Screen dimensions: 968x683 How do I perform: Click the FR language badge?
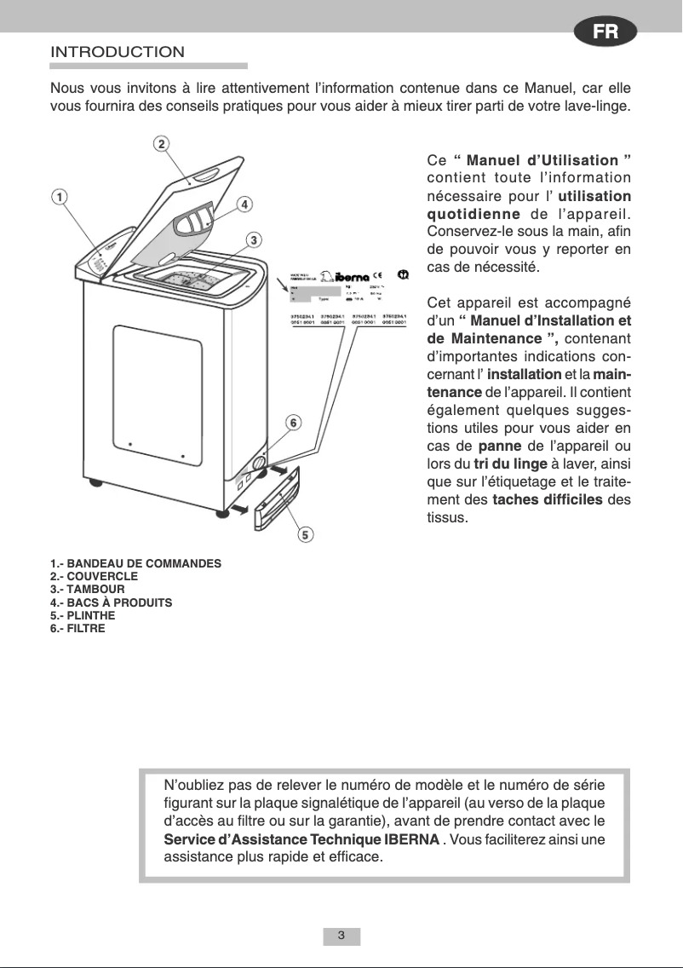click(606, 32)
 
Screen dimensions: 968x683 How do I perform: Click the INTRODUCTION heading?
click(118, 52)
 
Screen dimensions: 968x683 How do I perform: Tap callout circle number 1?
click(59, 197)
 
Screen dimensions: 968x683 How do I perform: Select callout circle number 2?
click(161, 143)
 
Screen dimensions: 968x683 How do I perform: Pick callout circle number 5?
click(305, 534)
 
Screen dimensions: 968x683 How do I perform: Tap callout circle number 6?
click(292, 423)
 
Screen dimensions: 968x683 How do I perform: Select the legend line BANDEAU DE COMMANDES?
click(136, 564)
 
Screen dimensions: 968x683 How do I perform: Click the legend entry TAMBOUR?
click(88, 590)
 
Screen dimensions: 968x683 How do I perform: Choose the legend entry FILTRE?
click(78, 628)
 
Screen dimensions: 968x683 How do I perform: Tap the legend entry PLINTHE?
click(83, 615)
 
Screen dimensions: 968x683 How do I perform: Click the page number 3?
click(341, 936)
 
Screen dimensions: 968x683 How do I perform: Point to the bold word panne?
click(500, 446)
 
